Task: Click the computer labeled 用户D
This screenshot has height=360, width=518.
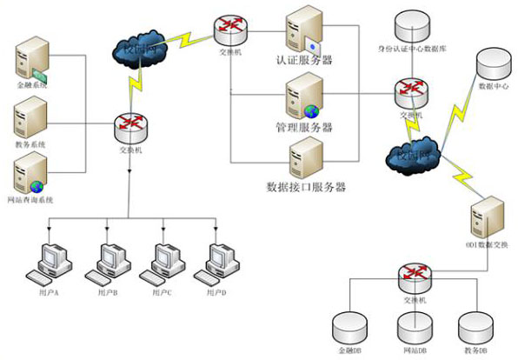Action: (217, 261)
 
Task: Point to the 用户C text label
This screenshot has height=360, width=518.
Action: (163, 293)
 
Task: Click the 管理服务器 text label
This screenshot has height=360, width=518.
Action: (304, 128)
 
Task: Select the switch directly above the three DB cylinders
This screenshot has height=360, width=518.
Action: (409, 277)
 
